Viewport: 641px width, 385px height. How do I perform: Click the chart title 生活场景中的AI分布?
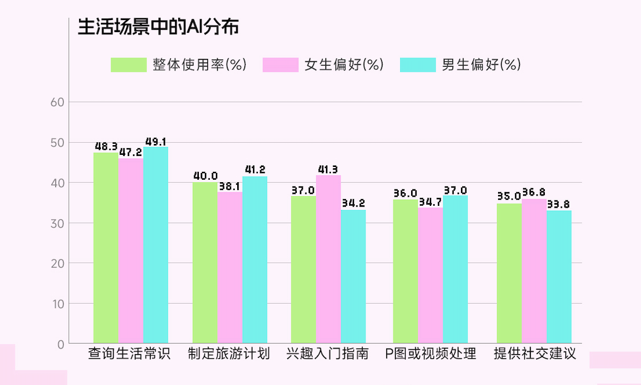[x=158, y=27]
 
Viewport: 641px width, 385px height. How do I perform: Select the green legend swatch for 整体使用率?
[x=128, y=65]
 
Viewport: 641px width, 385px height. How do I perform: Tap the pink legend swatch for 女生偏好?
[x=280, y=65]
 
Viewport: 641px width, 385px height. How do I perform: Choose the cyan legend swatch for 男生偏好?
[x=418, y=65]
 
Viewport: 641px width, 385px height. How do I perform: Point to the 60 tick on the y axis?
[x=57, y=102]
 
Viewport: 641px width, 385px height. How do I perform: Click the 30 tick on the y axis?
[x=57, y=223]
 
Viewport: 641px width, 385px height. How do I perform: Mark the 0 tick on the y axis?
[x=60, y=344]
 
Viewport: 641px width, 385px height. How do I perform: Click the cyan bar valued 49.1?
[x=156, y=245]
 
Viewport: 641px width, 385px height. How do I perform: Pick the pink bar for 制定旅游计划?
[x=230, y=268]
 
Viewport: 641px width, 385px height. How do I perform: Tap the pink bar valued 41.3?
[x=328, y=259]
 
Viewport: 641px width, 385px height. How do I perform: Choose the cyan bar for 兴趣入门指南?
[x=353, y=276]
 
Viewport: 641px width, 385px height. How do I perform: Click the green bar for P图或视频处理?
[x=405, y=271]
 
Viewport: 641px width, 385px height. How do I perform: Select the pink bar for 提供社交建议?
[x=534, y=271]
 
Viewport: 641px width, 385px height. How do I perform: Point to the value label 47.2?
[x=130, y=152]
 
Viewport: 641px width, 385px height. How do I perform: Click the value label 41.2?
[x=254, y=169]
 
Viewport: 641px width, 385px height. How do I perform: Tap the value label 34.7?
[x=430, y=202]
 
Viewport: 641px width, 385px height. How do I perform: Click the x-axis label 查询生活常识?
[x=130, y=354]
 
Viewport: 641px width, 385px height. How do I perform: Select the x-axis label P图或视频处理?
[x=431, y=354]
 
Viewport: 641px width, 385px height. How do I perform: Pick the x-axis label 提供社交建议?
[x=535, y=354]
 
